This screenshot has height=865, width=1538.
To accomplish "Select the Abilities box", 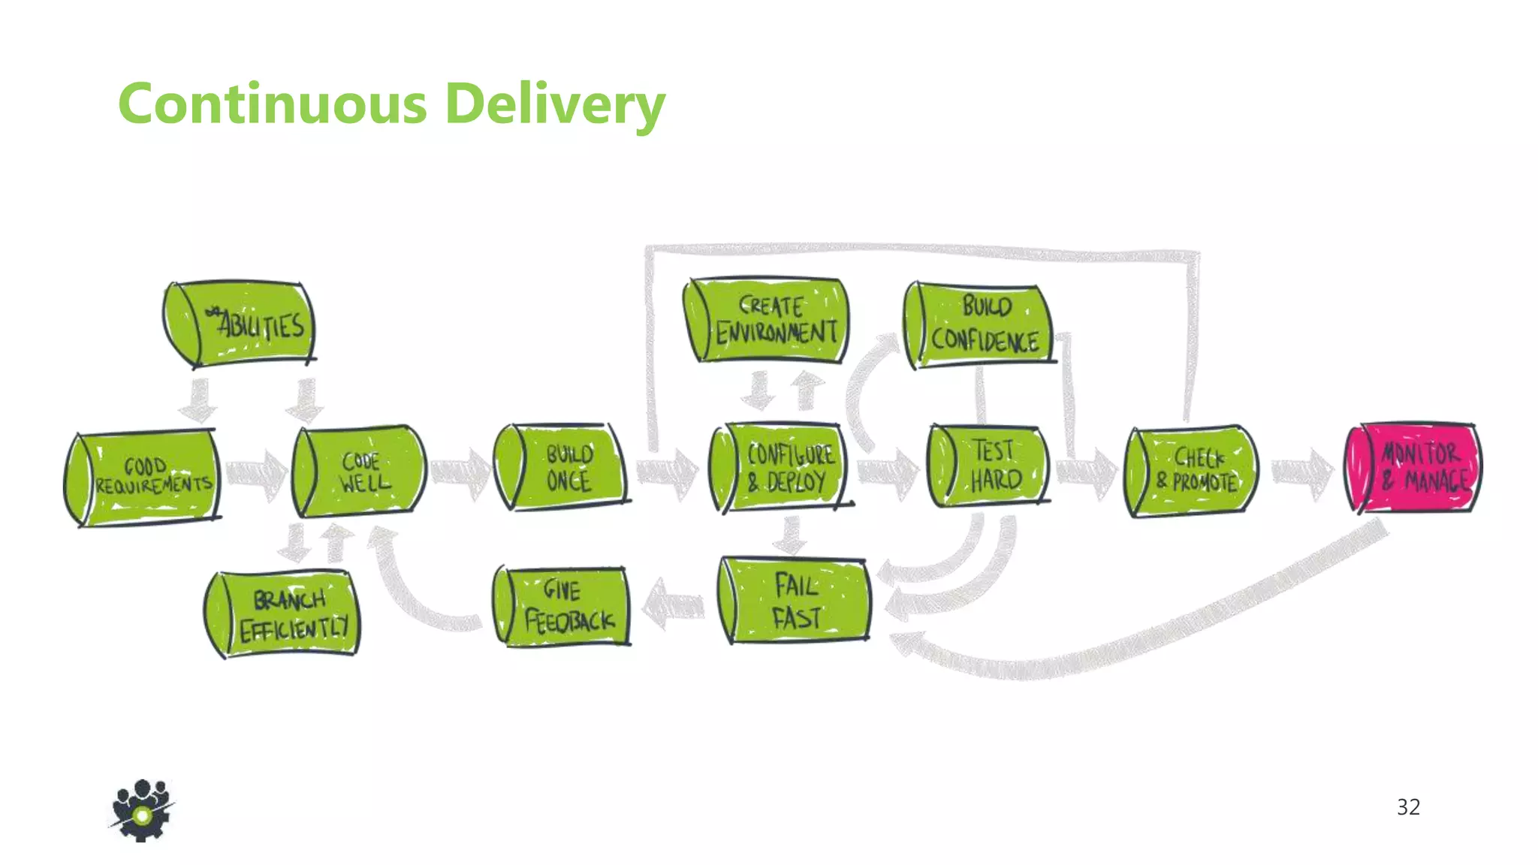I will (x=240, y=324).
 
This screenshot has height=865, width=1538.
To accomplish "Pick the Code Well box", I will (x=360, y=472).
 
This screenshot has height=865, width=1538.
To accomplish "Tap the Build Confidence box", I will (x=979, y=324).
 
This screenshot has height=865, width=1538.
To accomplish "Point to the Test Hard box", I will (x=988, y=466).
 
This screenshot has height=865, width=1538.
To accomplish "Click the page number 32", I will (x=1408, y=807).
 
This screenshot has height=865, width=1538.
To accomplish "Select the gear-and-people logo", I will (x=142, y=811).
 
